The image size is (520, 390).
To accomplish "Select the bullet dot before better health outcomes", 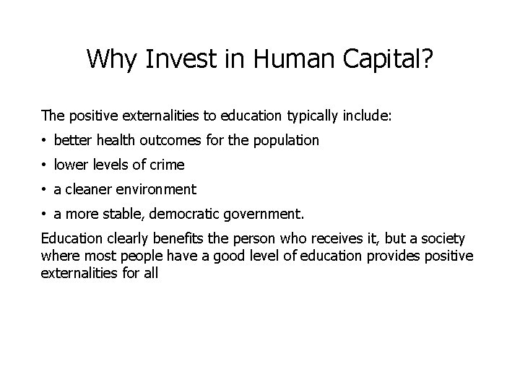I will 45,141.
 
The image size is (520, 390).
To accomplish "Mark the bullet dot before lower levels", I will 45,165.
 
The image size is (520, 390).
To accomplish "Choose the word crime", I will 167,165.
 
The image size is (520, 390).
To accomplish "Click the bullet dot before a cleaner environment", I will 45,190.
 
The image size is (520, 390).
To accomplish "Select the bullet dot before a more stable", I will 45,214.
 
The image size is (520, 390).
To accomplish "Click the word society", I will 444,238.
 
